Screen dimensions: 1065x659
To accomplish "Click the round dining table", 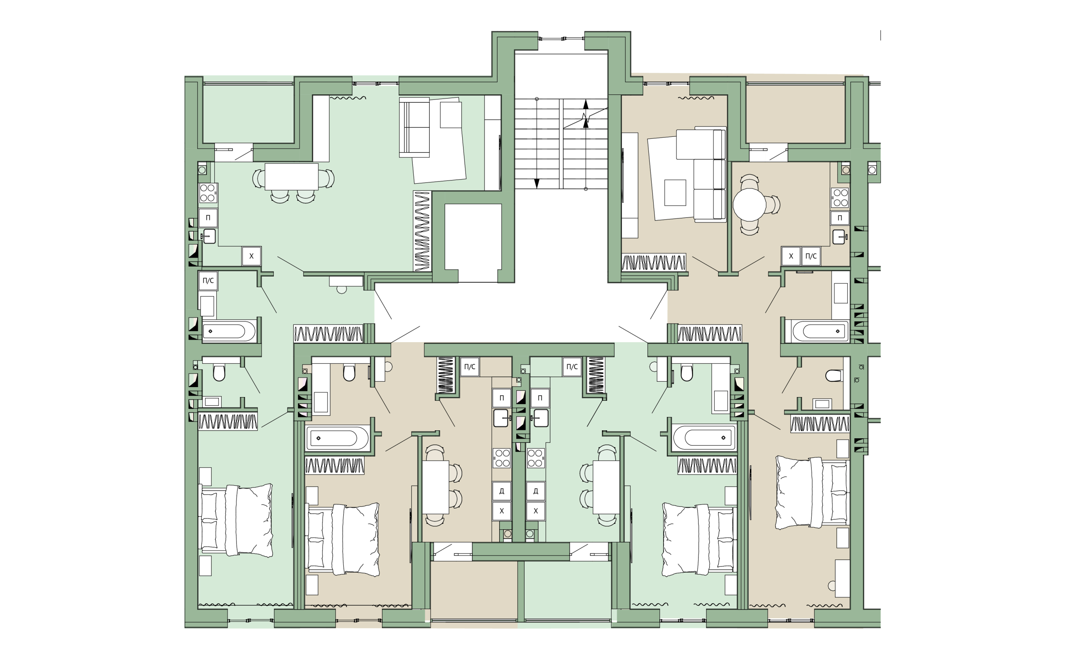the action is pyautogui.click(x=749, y=205).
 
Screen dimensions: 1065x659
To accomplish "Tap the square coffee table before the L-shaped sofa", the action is pyautogui.click(x=675, y=192).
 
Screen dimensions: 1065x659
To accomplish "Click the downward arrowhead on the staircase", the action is pyautogui.click(x=536, y=183).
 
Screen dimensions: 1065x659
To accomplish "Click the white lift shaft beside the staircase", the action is pyautogui.click(x=473, y=243).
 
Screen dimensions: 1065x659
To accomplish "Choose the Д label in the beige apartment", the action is pyautogui.click(x=501, y=491).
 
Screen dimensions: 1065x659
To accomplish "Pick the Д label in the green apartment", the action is pyautogui.click(x=535, y=491).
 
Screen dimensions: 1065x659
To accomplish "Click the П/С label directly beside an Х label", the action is pyautogui.click(x=811, y=256).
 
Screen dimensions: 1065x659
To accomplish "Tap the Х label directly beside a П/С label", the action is pyautogui.click(x=791, y=256).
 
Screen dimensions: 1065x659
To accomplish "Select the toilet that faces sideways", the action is pyautogui.click(x=833, y=375).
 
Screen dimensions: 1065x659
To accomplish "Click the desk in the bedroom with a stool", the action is pyautogui.click(x=842, y=578).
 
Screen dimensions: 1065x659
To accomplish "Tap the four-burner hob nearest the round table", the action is pyautogui.click(x=840, y=197).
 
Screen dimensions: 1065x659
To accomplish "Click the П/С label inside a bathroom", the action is pyautogui.click(x=208, y=281).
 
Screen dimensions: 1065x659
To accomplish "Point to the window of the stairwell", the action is pyautogui.click(x=561, y=39).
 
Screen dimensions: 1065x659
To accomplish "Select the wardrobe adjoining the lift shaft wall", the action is pyautogui.click(x=422, y=231).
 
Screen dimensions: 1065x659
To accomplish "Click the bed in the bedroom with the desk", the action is pyautogui.click(x=812, y=493).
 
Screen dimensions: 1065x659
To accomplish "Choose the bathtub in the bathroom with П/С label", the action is pyautogui.click(x=228, y=331).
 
